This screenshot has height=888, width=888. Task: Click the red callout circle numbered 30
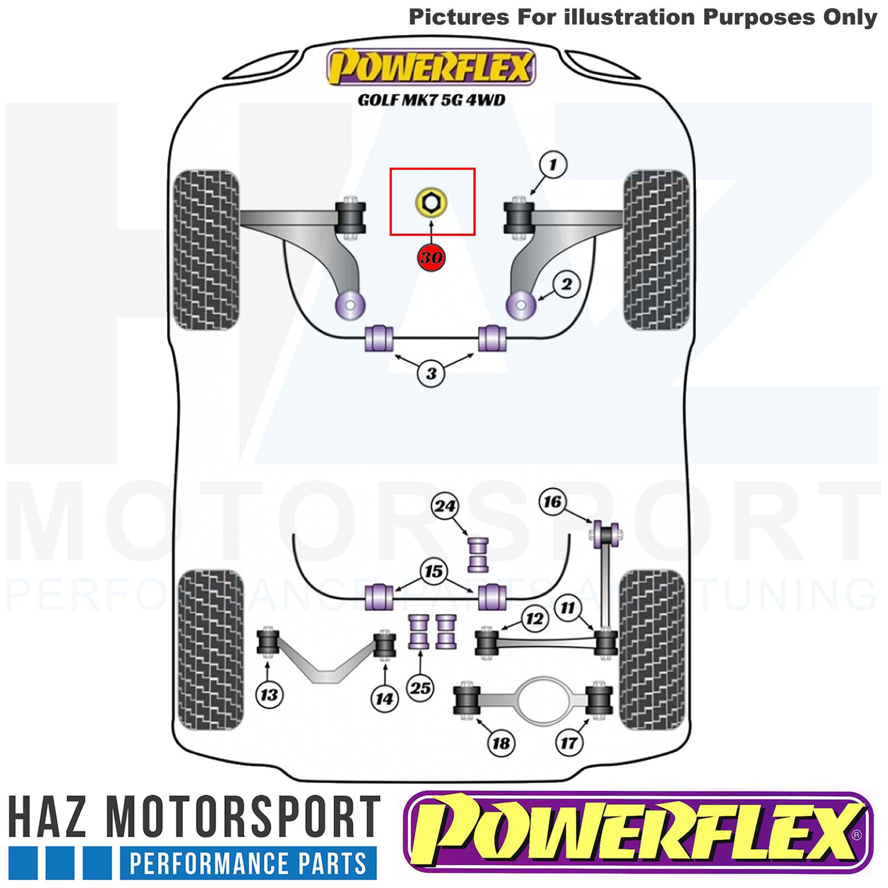(x=431, y=257)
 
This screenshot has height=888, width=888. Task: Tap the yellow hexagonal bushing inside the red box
(x=431, y=203)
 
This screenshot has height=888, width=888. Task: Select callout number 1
(x=553, y=165)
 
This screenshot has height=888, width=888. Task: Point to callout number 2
(x=566, y=284)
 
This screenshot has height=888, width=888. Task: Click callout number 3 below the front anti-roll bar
(x=431, y=374)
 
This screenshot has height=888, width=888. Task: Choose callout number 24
(x=445, y=506)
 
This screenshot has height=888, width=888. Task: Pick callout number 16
(x=552, y=502)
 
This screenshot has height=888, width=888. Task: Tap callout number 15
(x=434, y=572)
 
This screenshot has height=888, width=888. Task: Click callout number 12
(x=534, y=618)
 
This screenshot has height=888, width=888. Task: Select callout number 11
(x=567, y=608)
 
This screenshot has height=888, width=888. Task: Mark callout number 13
(x=269, y=694)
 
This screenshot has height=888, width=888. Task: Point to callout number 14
(x=385, y=699)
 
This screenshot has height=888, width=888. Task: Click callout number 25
(x=420, y=688)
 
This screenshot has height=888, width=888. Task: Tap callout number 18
(x=501, y=743)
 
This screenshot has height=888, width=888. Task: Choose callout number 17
(x=569, y=743)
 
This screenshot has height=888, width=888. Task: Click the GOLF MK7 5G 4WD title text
(x=431, y=100)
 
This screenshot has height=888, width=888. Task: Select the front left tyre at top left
(x=206, y=250)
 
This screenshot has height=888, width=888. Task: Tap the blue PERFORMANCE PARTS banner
(x=248, y=864)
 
